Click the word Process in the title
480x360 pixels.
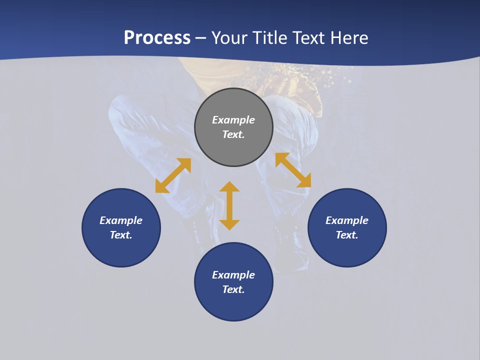157,38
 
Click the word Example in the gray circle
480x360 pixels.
233,120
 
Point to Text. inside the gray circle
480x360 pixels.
233,134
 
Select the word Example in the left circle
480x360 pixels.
121,220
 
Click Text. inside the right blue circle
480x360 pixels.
347,235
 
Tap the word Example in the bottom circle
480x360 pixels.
233,275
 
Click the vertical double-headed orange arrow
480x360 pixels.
229,205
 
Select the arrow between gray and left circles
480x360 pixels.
173,175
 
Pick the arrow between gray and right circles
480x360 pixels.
293,170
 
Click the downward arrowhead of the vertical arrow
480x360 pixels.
229,224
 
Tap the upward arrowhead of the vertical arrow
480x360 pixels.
229,187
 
